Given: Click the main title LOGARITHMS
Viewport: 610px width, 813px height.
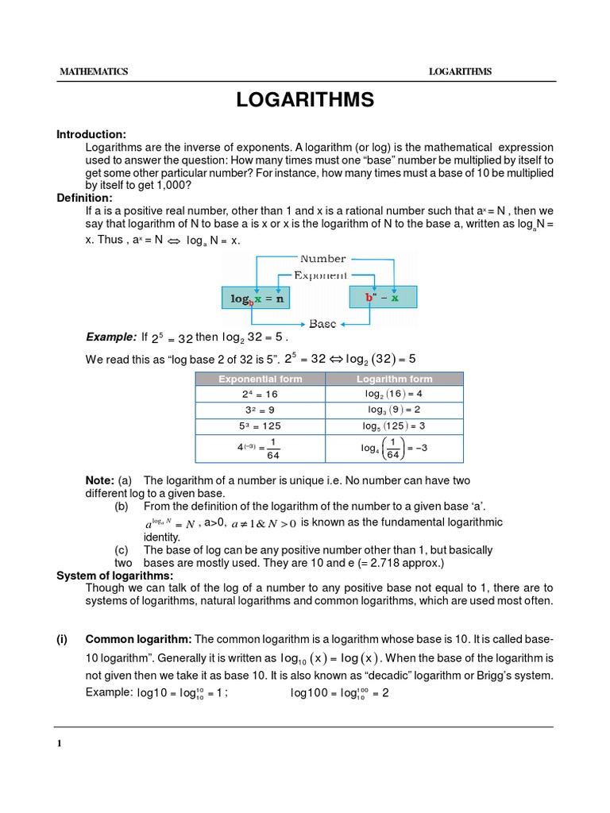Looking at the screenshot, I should (x=305, y=100).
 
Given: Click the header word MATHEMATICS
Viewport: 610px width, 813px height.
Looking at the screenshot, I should (x=94, y=71).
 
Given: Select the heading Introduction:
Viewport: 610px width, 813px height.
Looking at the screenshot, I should (x=91, y=134).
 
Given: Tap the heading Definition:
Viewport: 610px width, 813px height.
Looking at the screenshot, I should (x=84, y=197).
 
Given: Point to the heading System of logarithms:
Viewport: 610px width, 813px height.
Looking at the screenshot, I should (x=114, y=575).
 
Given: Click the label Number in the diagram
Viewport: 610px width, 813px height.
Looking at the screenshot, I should (x=322, y=259).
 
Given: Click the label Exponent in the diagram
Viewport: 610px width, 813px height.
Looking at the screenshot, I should (x=320, y=275).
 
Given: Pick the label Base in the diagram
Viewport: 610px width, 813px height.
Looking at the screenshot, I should (x=322, y=324).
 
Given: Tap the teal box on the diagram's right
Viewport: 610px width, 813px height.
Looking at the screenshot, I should (x=382, y=298).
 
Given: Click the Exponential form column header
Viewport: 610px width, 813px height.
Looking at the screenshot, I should (x=261, y=379).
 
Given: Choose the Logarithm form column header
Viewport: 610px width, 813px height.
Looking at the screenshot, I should (x=395, y=379).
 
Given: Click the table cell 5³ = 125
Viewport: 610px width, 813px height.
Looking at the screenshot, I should (x=261, y=426).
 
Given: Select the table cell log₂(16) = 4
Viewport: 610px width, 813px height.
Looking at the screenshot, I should (x=395, y=393).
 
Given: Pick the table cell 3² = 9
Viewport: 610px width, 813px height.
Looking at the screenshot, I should (x=261, y=410).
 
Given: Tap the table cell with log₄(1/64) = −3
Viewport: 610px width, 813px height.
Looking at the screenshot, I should (x=395, y=448).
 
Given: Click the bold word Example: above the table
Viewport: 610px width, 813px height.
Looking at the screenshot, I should (x=111, y=337).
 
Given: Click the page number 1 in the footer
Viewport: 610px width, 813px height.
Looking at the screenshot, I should (x=60, y=744).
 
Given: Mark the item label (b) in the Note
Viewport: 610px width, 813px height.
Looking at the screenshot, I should (x=122, y=507).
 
